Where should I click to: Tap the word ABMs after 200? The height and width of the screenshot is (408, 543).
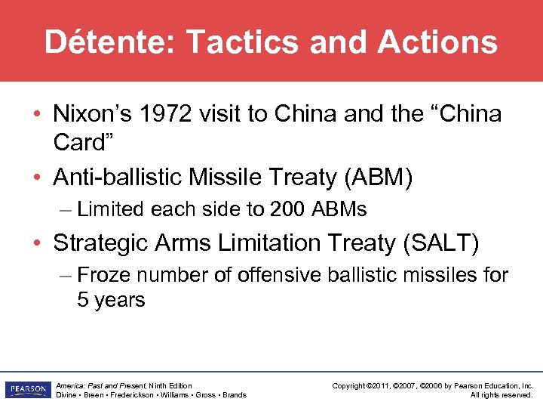tap(336, 209)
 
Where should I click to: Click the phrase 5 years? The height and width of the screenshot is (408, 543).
tap(111, 300)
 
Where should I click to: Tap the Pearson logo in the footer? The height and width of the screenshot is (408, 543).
tap(26, 390)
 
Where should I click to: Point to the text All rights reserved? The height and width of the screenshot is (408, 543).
tap(502, 395)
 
